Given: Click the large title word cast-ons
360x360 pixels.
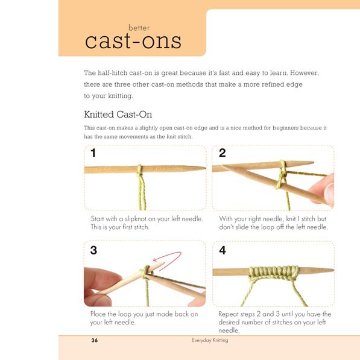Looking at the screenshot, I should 133,41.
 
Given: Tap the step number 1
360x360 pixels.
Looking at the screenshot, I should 93,153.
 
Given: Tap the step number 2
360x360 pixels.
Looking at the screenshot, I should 223,153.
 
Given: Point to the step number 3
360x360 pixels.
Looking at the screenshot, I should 93,250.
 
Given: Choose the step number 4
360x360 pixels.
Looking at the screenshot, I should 223,250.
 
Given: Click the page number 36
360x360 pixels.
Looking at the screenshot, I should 94,341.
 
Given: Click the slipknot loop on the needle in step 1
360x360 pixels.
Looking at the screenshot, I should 140,170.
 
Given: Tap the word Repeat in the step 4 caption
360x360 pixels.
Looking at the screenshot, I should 230,314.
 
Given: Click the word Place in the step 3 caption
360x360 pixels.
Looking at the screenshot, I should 99,314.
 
